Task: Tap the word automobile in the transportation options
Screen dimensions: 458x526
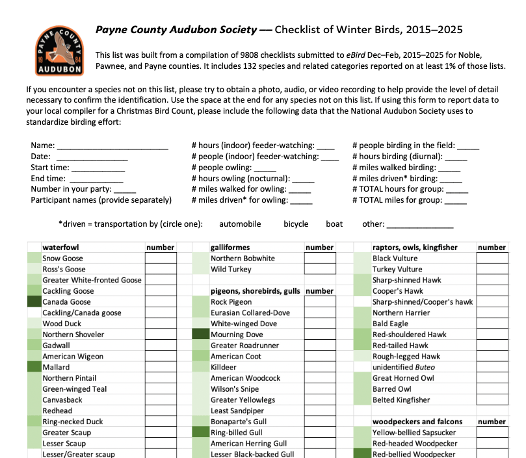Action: click(240, 223)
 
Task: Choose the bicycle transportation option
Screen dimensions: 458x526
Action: click(296, 223)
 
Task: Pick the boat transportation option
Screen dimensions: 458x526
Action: click(334, 223)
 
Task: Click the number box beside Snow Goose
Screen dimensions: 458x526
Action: click(161, 258)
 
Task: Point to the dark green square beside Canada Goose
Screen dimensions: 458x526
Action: click(34, 301)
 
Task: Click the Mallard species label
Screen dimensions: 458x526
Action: click(56, 367)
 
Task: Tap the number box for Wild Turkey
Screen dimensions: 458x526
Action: click(320, 269)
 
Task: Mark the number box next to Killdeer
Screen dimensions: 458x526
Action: click(320, 367)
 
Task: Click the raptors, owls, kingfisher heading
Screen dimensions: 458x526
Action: click(415, 248)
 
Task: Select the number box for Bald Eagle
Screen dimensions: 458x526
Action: click(492, 324)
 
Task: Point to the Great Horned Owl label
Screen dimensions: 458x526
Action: click(403, 378)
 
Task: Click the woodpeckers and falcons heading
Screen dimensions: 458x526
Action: click(417, 422)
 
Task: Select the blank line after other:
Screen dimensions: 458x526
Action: click(420, 225)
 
